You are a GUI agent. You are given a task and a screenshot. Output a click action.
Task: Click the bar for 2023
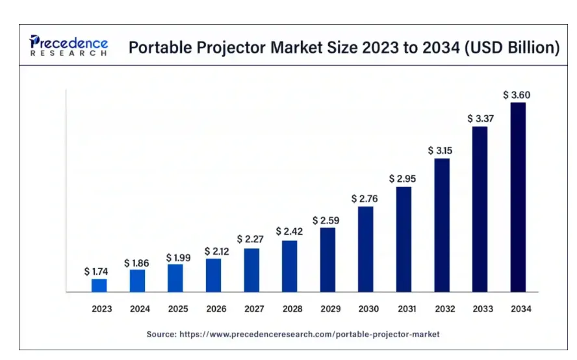pos(99,285)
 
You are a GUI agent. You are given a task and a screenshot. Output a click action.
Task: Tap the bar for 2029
pos(328,260)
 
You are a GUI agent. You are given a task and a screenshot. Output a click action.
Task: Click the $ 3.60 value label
pos(517,95)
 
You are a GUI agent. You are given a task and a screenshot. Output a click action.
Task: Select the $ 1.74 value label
pos(97,272)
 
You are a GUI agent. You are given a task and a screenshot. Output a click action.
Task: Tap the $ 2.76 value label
pos(365,198)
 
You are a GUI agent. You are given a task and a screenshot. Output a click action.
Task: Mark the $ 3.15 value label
pos(441,150)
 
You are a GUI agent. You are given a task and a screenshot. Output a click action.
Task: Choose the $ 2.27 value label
pos(250,239)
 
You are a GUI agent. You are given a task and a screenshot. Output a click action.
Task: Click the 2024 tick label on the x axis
pos(140,309)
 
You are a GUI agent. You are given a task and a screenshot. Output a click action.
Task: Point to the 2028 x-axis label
pos(292,309)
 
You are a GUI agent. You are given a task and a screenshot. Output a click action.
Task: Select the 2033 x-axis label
pos(483,309)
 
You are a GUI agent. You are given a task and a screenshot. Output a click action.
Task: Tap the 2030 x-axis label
pos(368,309)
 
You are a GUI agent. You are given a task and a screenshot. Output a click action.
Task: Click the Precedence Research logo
pos(69,46)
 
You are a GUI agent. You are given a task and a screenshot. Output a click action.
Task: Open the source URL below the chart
pos(316,334)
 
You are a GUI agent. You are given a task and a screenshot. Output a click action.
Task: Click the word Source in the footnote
pos(160,334)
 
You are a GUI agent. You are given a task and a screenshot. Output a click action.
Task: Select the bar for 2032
pos(442,225)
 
